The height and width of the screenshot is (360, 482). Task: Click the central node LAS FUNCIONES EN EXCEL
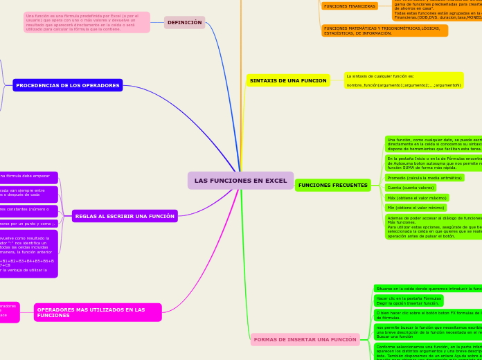240,181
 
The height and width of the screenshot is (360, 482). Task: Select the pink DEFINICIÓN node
184,23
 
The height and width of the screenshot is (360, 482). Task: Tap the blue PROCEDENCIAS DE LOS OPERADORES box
68,85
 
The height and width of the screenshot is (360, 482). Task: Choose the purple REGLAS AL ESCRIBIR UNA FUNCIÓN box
125,216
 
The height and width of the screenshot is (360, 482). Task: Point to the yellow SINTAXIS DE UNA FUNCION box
288,80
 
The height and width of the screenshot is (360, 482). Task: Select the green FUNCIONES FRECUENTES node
332,186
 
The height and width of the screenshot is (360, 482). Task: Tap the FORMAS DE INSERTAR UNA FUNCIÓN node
305,339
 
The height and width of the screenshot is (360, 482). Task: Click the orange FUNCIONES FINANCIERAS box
350,6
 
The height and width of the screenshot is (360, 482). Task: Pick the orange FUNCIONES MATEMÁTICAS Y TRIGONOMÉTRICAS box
384,30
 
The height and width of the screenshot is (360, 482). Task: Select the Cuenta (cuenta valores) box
411,188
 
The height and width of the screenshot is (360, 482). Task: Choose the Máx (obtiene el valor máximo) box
417,198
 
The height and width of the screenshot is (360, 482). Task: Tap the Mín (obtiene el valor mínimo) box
416,208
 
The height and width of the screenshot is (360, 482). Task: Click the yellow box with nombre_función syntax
404,80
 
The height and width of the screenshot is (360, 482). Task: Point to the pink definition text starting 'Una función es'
87,22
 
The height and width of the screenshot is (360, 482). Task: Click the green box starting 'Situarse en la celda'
427,288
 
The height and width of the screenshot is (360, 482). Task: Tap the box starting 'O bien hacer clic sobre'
427,315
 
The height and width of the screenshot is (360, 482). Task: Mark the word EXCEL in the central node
276,181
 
